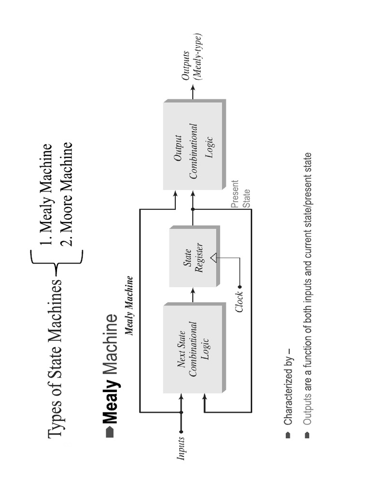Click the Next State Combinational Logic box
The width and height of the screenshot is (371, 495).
pos(193,348)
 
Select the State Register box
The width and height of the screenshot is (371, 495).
pos(193,256)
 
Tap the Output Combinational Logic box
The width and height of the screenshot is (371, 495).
pos(193,145)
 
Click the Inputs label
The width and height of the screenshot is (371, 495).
pos(181,448)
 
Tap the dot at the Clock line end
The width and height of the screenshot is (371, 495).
pos(240,287)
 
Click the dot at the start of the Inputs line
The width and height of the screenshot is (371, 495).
pos(181,432)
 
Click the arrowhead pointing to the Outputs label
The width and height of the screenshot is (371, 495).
pos(193,87)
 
